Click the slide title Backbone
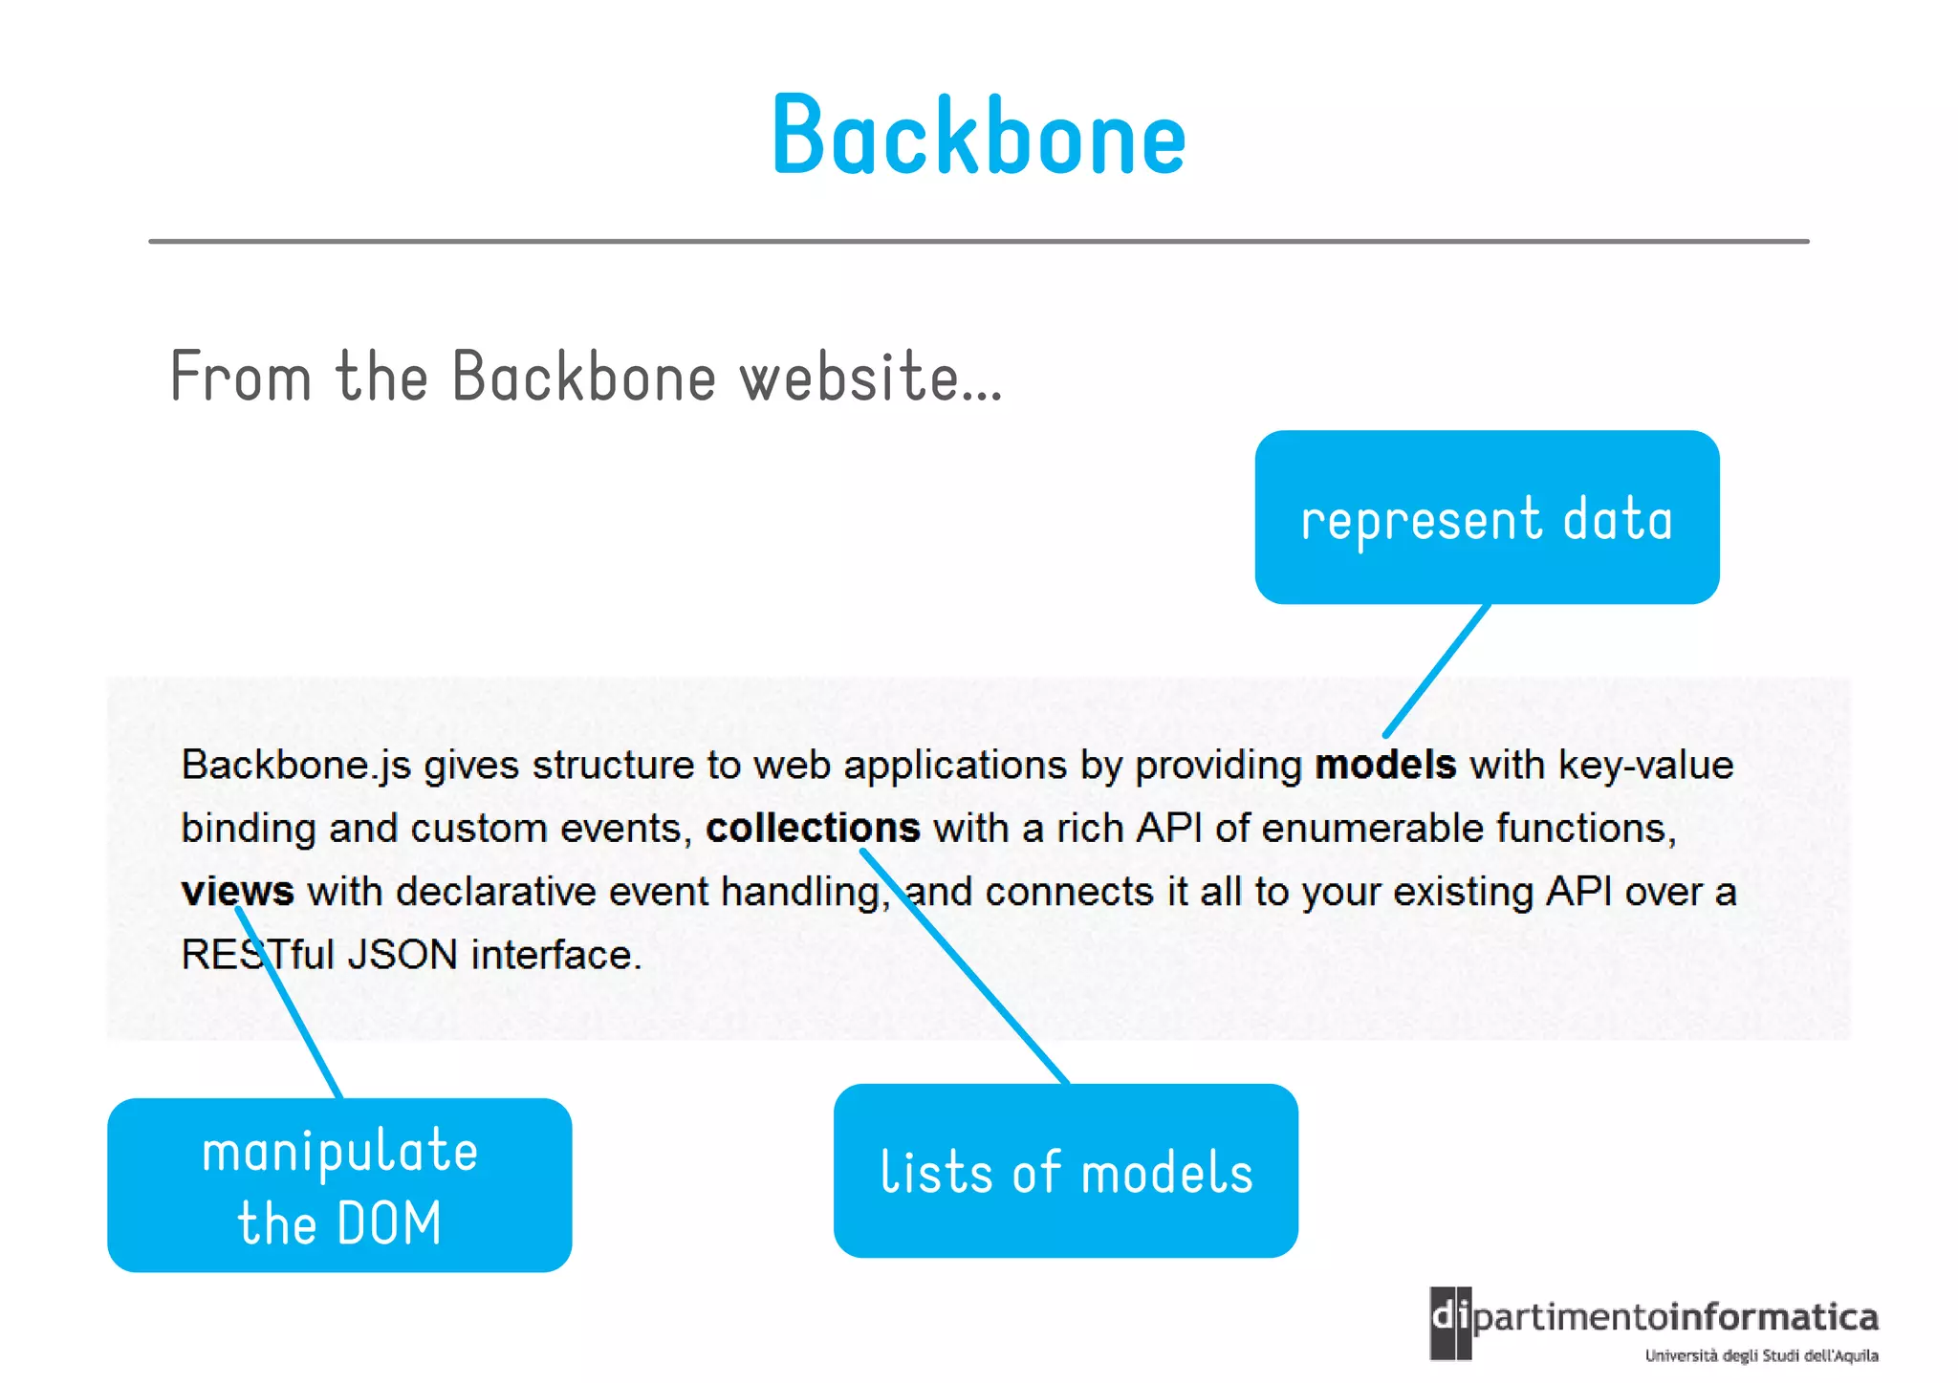(978, 137)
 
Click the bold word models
(1384, 766)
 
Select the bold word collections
(812, 829)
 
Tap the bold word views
(237, 892)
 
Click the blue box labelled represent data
(1487, 517)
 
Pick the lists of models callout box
(1065, 1171)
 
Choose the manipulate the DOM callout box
(339, 1185)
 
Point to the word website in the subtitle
(870, 377)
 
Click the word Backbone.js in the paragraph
(295, 766)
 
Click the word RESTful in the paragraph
(257, 955)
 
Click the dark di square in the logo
(1450, 1323)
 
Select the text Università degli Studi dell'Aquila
(1761, 1356)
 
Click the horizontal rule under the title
(978, 242)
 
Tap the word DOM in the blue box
(389, 1224)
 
